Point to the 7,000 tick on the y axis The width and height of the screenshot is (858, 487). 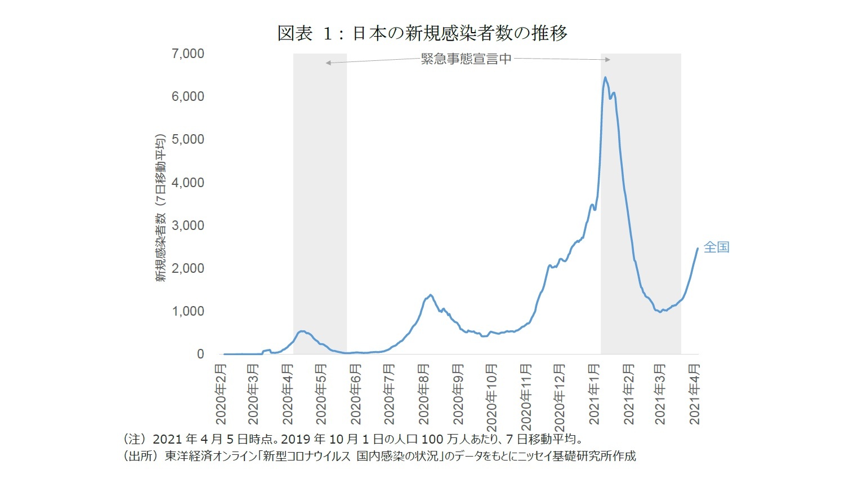point(187,54)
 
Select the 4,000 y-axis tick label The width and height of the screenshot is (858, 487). point(187,183)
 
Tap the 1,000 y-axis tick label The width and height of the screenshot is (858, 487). point(187,311)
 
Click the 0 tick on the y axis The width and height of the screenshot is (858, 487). point(200,354)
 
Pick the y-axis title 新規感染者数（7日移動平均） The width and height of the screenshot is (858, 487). point(161,208)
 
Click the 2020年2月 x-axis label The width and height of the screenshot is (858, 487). point(221,394)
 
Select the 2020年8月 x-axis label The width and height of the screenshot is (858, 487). point(424,394)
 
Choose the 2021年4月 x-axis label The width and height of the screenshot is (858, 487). point(695,394)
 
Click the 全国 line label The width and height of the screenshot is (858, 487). point(716,247)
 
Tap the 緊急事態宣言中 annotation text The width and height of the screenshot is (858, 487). point(466,59)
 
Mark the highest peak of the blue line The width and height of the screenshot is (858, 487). point(605,78)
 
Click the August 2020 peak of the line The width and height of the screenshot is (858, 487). point(430,295)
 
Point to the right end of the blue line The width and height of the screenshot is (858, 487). point(698,249)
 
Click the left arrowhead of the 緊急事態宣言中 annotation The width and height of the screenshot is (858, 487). point(328,63)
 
